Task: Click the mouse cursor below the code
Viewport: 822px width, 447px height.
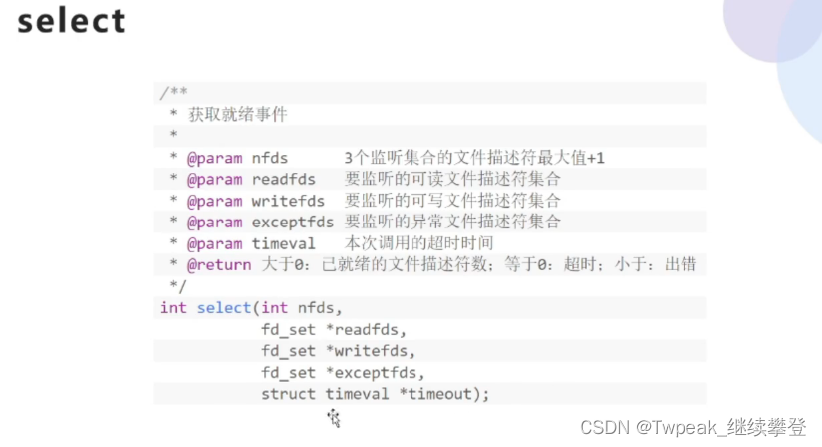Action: click(x=334, y=418)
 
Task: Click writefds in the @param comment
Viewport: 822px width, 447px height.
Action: click(x=288, y=201)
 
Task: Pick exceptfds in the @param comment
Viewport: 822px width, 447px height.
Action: click(x=293, y=222)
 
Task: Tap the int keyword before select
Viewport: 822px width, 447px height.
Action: click(x=173, y=307)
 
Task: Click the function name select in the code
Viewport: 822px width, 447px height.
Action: click(x=224, y=307)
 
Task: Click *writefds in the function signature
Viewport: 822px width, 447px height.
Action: click(x=373, y=350)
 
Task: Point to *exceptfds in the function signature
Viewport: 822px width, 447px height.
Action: click(x=378, y=372)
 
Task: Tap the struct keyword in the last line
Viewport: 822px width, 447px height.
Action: click(x=289, y=394)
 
